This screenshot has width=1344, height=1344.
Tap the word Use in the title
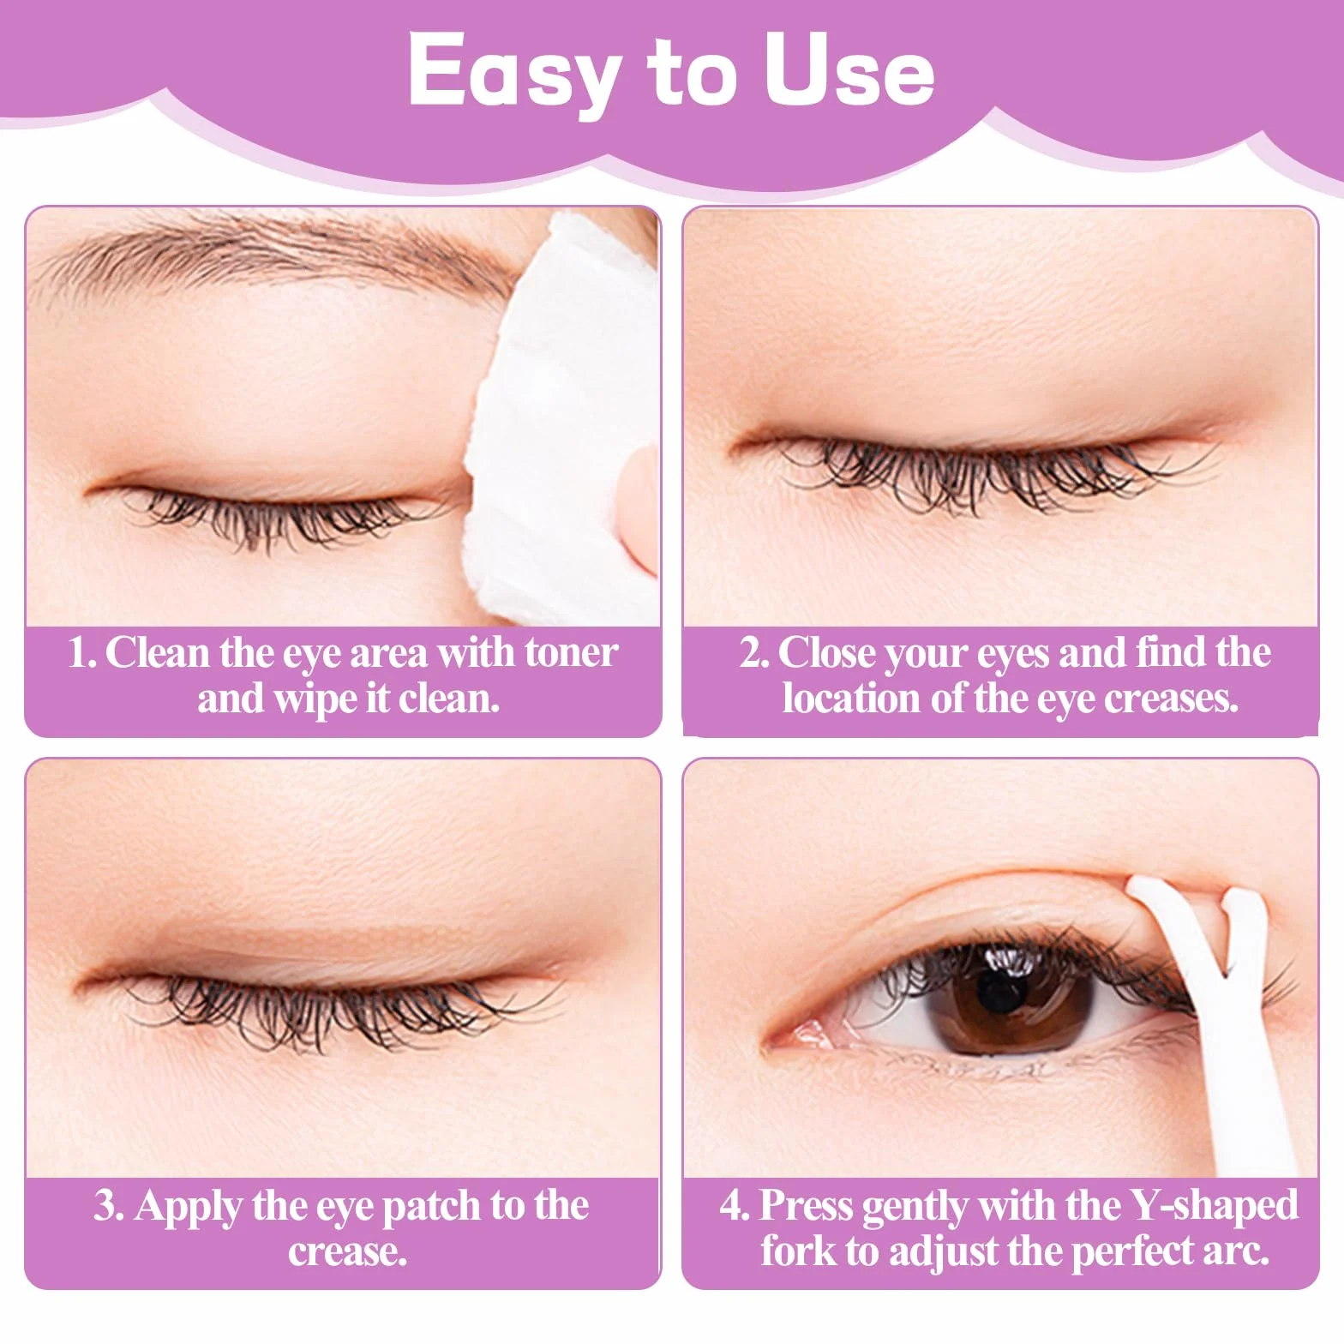[x=849, y=71]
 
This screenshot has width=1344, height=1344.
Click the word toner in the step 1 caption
[x=571, y=654]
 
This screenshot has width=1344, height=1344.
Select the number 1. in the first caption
[x=83, y=654]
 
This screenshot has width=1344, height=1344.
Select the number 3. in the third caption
[x=109, y=1206]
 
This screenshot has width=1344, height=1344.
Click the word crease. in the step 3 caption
[x=347, y=1253]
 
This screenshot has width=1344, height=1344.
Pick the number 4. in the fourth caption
[x=735, y=1206]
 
